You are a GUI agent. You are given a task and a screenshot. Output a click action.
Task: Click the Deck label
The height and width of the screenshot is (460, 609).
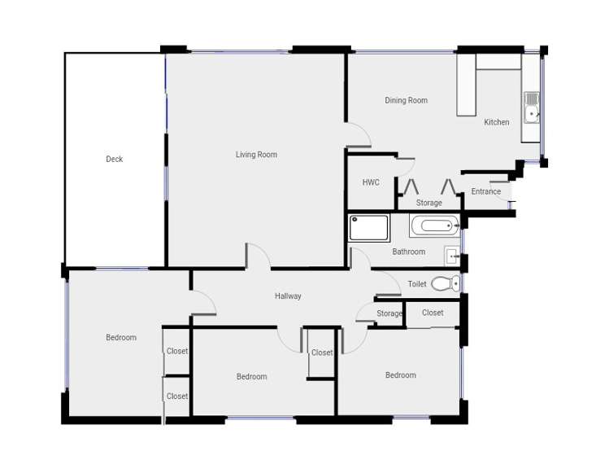tap(115, 159)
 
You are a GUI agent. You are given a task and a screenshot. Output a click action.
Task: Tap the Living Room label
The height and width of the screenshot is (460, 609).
tap(256, 155)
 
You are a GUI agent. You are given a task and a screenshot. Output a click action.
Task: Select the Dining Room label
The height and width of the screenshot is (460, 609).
tap(406, 101)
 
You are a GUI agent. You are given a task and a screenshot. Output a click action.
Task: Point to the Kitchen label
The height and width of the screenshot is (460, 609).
tap(497, 122)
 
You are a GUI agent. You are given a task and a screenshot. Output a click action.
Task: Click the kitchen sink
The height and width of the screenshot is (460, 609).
tap(532, 107)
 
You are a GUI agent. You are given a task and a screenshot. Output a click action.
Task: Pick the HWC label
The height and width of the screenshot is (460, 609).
tap(371, 182)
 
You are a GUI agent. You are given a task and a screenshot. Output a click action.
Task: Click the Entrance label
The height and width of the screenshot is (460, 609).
tap(486, 192)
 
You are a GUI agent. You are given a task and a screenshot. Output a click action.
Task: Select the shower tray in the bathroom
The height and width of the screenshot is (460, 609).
tap(369, 227)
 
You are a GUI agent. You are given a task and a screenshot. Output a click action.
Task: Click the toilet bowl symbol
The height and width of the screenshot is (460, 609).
tap(444, 284)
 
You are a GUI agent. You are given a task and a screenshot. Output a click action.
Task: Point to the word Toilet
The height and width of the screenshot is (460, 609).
tap(417, 284)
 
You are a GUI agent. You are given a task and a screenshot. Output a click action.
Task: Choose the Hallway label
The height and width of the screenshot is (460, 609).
tap(288, 296)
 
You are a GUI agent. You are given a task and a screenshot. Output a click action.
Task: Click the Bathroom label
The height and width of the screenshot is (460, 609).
tap(408, 252)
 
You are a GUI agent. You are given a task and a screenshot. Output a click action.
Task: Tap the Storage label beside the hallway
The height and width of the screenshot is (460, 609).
tap(389, 313)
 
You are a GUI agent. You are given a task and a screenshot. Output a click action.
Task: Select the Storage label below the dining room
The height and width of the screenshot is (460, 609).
tap(429, 203)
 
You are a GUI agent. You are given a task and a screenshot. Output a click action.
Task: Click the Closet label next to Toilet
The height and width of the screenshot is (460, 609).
tap(433, 313)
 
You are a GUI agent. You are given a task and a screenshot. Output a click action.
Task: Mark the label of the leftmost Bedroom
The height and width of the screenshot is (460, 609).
tap(121, 337)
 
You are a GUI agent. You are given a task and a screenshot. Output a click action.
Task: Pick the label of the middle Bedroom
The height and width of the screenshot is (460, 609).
tap(251, 376)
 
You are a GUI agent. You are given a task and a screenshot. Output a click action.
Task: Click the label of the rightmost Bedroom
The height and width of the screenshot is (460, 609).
tap(400, 375)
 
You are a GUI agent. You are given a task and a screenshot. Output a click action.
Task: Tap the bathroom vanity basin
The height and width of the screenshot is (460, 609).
tap(452, 256)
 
